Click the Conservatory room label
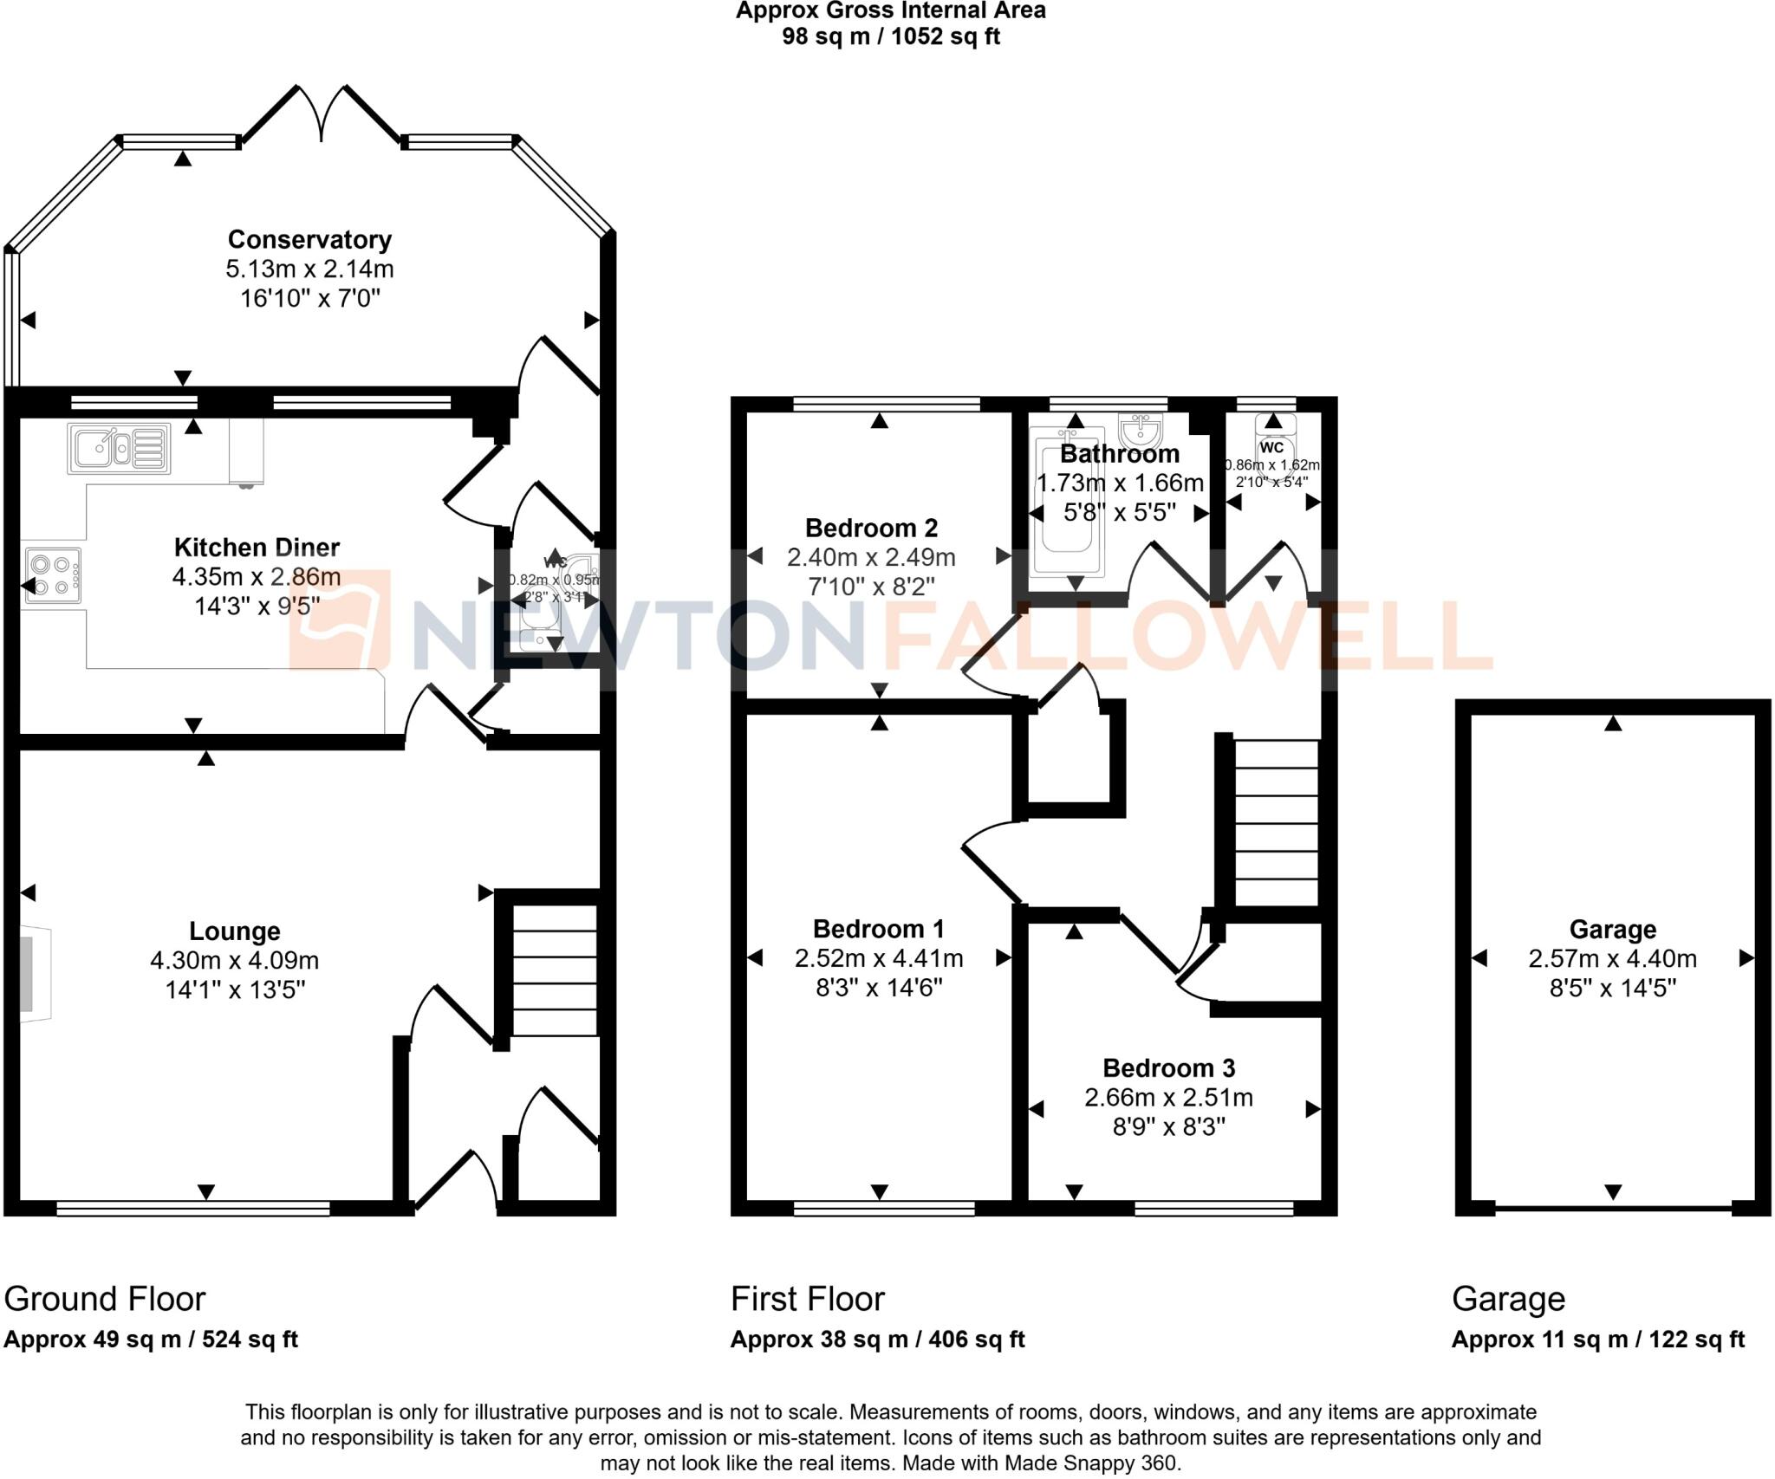point(309,239)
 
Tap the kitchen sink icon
point(119,448)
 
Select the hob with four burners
point(52,575)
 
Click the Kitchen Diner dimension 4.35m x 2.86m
point(257,576)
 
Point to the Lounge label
point(235,931)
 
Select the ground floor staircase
point(554,970)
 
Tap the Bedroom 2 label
point(871,528)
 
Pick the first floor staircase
point(1275,822)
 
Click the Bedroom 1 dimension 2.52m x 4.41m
point(879,958)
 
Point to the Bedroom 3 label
point(1168,1067)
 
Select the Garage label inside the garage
point(1612,930)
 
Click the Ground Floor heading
point(105,1299)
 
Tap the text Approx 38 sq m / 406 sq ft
point(877,1340)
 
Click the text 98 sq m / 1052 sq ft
point(890,36)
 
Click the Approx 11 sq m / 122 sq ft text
point(1597,1340)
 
